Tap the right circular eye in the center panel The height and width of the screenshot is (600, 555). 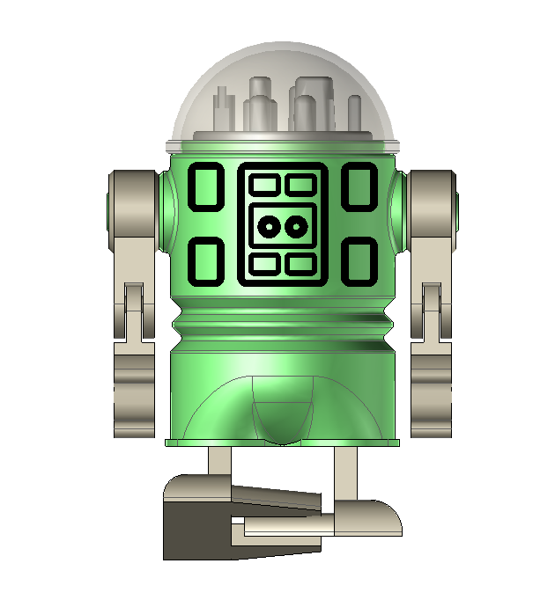click(x=297, y=227)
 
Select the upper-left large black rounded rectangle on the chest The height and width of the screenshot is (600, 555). click(x=206, y=187)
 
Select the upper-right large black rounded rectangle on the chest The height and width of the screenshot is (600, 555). click(x=359, y=187)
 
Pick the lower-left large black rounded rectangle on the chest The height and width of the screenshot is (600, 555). click(x=206, y=262)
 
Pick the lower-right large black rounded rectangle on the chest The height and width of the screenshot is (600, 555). click(x=359, y=262)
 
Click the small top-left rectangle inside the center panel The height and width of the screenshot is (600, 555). click(x=264, y=184)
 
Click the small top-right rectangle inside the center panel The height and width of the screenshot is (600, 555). click(x=300, y=184)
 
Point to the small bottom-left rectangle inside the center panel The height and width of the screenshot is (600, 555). click(x=264, y=263)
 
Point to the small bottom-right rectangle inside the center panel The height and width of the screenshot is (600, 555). click(x=300, y=263)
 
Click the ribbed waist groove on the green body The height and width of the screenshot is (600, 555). click(x=282, y=321)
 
